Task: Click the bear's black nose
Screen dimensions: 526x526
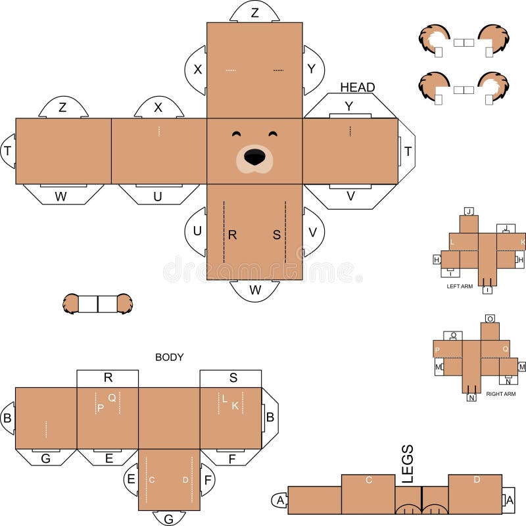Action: point(255,156)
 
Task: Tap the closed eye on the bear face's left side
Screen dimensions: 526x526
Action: point(237,135)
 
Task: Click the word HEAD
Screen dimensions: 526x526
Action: point(357,87)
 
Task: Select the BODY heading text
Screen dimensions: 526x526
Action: point(169,357)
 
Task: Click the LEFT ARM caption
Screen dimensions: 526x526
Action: point(460,287)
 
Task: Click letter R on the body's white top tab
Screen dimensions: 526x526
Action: point(108,377)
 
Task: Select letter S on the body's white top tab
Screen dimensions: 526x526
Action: point(233,377)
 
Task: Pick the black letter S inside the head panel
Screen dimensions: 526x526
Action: point(277,234)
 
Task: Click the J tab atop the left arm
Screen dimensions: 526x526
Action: point(469,211)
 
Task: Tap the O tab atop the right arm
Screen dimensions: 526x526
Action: point(490,319)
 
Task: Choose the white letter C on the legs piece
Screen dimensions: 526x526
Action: point(369,480)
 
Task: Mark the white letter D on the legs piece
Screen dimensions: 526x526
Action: point(477,480)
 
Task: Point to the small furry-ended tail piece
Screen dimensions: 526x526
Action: point(97,303)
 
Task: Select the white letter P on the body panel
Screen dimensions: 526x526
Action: point(100,408)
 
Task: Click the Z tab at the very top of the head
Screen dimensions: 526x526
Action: point(254,12)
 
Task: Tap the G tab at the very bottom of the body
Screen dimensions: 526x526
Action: point(169,519)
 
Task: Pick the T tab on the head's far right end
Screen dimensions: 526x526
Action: point(408,151)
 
